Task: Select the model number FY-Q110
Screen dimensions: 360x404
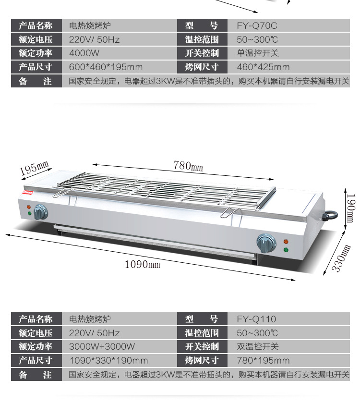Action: click(256, 319)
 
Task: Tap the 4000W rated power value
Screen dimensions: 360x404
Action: click(84, 53)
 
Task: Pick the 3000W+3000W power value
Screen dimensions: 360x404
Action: click(102, 346)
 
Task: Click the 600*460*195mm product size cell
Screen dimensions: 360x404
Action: click(106, 67)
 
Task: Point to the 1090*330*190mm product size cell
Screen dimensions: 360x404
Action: click(108, 360)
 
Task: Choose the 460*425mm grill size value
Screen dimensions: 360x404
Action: click(263, 67)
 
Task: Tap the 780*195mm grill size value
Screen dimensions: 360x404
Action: click(263, 360)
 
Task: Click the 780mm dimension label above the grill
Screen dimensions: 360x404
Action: click(188, 166)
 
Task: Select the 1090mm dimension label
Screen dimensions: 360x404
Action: click(142, 264)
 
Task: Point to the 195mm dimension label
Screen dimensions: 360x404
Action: click(35, 168)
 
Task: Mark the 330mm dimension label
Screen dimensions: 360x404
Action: click(342, 258)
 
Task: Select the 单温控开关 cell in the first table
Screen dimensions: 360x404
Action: click(257, 53)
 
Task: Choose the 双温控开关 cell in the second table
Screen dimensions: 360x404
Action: click(257, 346)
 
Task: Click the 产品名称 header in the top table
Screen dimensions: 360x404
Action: click(36, 25)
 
